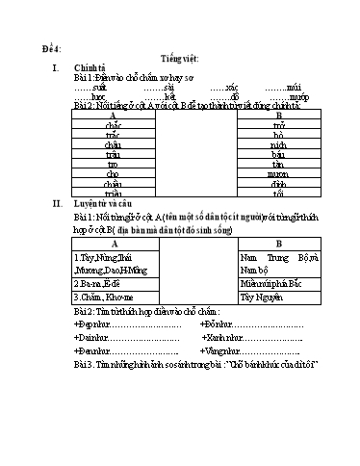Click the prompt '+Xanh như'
(221, 338)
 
